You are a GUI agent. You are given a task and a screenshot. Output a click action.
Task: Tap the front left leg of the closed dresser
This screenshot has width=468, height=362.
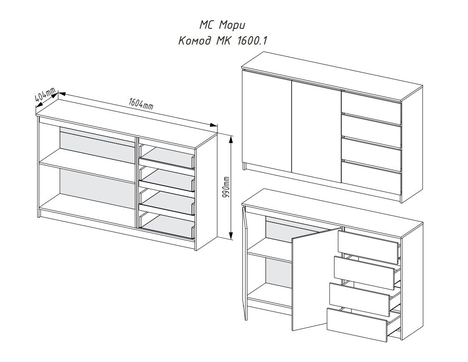244,166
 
